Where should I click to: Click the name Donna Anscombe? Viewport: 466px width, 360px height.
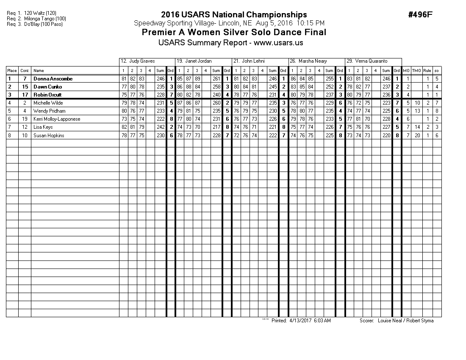click(53, 79)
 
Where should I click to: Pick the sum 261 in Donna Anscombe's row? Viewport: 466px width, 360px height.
click(216, 79)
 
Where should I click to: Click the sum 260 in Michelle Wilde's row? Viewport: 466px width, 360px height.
click(216, 103)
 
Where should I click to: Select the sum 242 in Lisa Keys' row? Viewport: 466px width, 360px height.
click(160, 127)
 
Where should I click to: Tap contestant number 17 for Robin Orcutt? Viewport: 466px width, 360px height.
click(25, 95)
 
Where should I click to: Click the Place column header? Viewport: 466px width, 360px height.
click(12, 71)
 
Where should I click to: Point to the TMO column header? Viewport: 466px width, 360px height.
click(417, 71)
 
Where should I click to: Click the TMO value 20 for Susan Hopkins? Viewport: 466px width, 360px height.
click(417, 135)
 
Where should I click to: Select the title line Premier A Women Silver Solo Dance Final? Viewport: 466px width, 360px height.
click(234, 33)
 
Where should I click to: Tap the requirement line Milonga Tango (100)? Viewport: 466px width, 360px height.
click(42, 19)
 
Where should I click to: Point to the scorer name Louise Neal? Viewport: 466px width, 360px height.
click(388, 321)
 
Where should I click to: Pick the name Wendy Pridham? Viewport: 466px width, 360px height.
click(50, 111)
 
